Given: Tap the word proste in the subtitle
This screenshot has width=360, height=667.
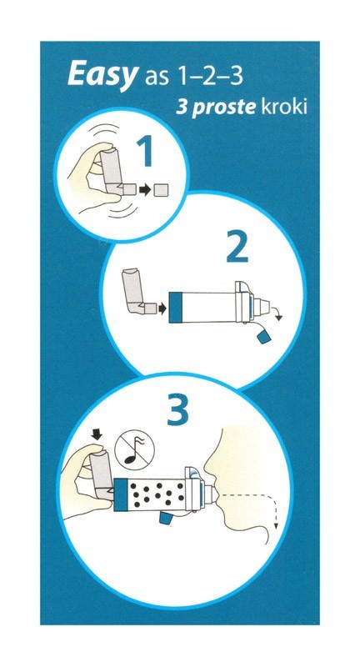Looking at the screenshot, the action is coord(223,107).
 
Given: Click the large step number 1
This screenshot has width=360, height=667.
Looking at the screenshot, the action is coord(145,151).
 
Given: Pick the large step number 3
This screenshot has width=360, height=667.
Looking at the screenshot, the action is coord(177,410).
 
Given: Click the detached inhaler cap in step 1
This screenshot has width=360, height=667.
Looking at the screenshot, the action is coord(162,190).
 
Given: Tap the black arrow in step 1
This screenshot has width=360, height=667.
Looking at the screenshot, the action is coord(145,190).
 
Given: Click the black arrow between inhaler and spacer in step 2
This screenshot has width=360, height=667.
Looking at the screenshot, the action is coord(162,308).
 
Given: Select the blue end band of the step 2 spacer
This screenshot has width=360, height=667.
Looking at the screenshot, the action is coord(176,307).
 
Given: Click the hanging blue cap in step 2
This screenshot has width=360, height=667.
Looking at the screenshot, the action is coord(263,338).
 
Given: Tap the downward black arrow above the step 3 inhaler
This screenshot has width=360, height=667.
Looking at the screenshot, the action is coord(97,434).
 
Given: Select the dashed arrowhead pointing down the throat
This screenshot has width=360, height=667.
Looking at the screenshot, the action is coord(277,527).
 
